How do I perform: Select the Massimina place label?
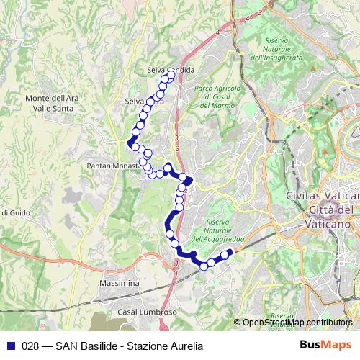(x=120, y=285)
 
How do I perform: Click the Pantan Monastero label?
(x=114, y=166)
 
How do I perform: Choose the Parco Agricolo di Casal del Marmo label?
(x=212, y=96)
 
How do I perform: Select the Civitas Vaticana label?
(x=322, y=196)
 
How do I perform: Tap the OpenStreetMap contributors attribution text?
(x=296, y=323)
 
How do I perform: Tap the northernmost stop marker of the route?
(x=171, y=75)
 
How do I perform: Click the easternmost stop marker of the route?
(x=230, y=252)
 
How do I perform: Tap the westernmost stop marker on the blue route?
(x=132, y=143)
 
